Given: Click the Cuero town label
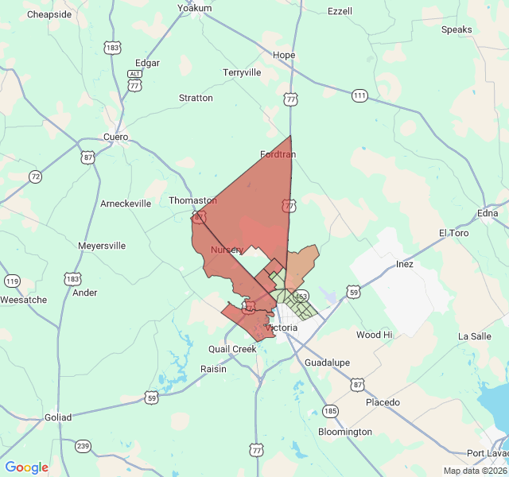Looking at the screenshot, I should (115, 137).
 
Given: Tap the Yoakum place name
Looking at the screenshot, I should (195, 8).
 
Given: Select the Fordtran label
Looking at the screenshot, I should (278, 154).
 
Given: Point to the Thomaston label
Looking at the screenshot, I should (192, 201).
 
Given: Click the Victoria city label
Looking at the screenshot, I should (281, 328).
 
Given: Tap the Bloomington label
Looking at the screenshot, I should (344, 432).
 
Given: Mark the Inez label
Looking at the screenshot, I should (405, 264).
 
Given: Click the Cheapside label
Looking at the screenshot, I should (49, 15).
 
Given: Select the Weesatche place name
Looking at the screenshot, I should (24, 300).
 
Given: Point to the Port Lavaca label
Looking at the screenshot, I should (487, 453).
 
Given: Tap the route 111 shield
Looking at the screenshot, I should (360, 95).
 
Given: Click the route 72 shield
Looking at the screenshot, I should (35, 176).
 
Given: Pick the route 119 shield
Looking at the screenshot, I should (12, 281).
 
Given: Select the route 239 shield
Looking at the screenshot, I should (84, 446).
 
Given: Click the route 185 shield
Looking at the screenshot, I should (330, 411).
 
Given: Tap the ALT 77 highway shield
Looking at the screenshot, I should (134, 80).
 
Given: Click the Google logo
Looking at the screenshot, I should (27, 467).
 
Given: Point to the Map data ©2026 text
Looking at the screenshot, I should (474, 471).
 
